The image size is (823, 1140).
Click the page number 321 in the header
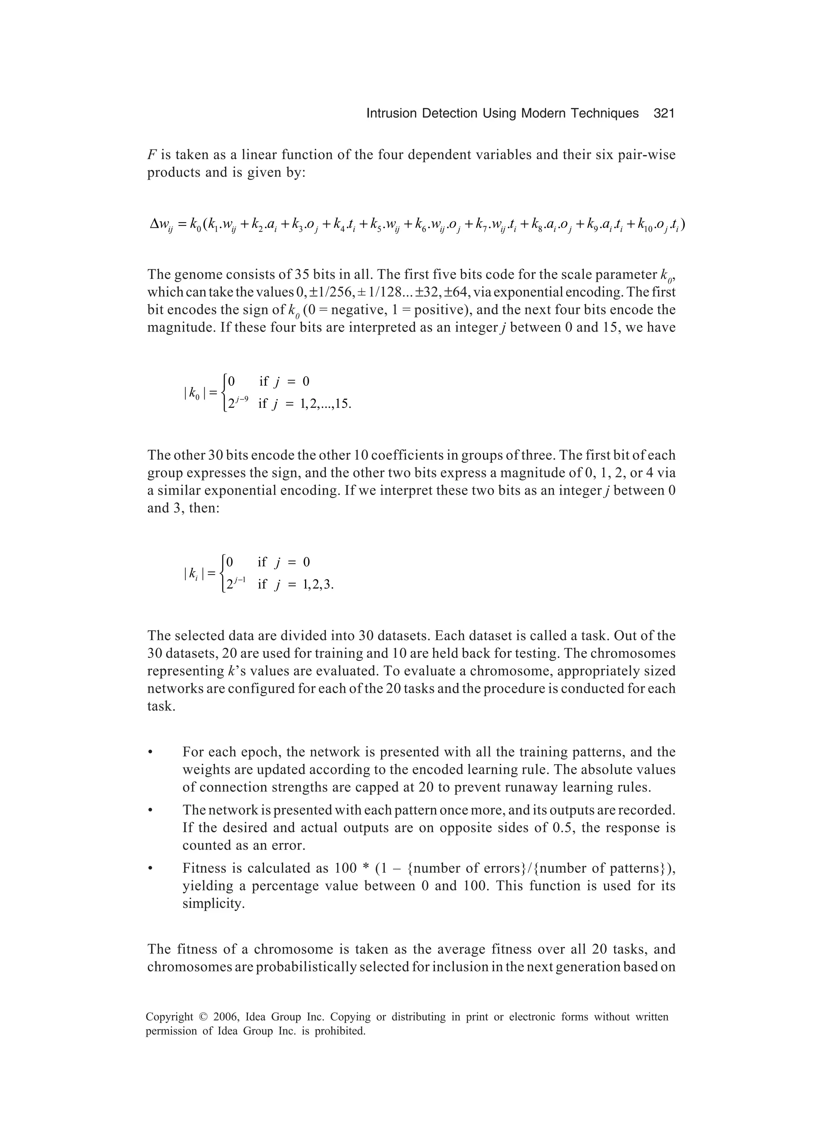pos(663,114)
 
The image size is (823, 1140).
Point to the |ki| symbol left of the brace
pos(194,573)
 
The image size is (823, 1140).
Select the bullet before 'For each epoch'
pos(150,753)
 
